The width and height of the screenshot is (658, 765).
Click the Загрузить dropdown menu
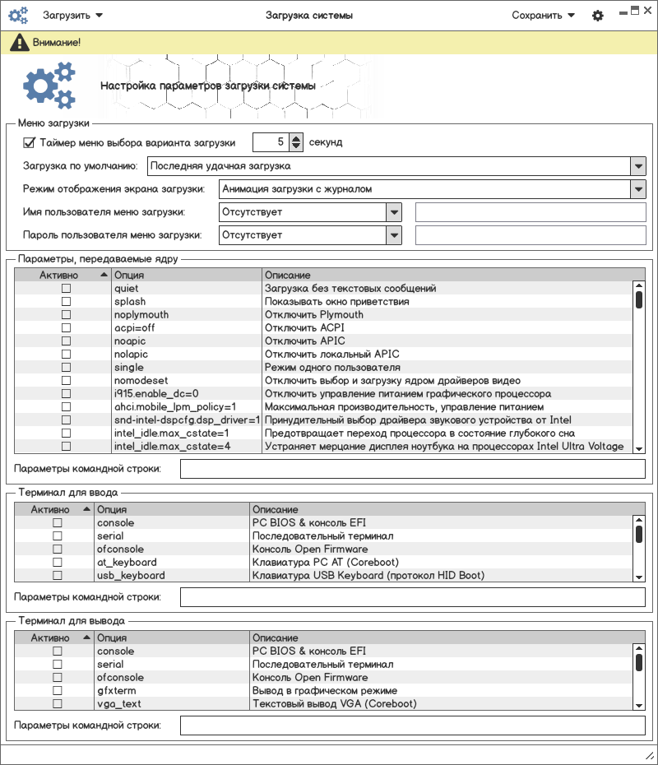point(72,15)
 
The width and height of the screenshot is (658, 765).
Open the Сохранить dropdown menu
point(543,15)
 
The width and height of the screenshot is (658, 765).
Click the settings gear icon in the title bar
point(598,16)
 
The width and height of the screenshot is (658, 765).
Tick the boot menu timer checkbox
point(30,142)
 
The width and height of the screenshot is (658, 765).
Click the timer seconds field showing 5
point(271,142)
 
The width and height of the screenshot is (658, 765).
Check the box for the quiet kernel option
point(66,289)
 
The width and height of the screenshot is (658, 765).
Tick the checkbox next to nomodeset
point(66,381)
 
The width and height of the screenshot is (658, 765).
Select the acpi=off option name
point(134,328)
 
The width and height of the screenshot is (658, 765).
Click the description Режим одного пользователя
point(332,368)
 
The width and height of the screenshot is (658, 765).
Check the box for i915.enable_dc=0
point(66,394)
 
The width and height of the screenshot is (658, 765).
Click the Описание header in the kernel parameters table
point(288,275)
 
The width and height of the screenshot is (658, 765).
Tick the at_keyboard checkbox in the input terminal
point(58,563)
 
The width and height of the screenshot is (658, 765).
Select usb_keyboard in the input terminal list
point(131,576)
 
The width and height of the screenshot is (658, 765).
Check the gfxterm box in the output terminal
point(58,691)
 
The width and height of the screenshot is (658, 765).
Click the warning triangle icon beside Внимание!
point(16,42)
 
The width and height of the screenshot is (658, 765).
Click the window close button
point(647,10)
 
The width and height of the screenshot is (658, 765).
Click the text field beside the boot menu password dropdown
point(531,235)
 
